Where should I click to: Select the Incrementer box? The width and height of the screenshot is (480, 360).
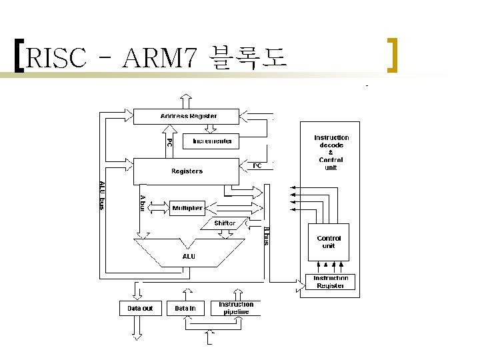(213, 141)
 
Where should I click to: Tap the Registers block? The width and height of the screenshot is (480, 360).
(187, 171)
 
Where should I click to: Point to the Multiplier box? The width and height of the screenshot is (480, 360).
(187, 208)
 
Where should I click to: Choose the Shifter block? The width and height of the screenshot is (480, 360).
(224, 223)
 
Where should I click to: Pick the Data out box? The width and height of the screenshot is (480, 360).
(140, 308)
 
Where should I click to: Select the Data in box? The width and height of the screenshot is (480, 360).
(185, 308)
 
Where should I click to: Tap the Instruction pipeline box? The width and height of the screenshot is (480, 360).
(236, 307)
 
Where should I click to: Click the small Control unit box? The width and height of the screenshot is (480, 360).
(329, 242)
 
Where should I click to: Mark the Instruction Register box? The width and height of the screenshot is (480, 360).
(331, 282)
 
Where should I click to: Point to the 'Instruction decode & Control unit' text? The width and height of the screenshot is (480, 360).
(331, 153)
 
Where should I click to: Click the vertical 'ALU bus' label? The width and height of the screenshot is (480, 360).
(102, 195)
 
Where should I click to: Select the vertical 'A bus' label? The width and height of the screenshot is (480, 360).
(142, 203)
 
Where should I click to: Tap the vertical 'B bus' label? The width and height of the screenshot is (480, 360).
(266, 236)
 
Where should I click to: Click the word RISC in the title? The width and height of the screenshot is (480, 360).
(59, 59)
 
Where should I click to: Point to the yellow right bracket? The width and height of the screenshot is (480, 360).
(393, 56)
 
